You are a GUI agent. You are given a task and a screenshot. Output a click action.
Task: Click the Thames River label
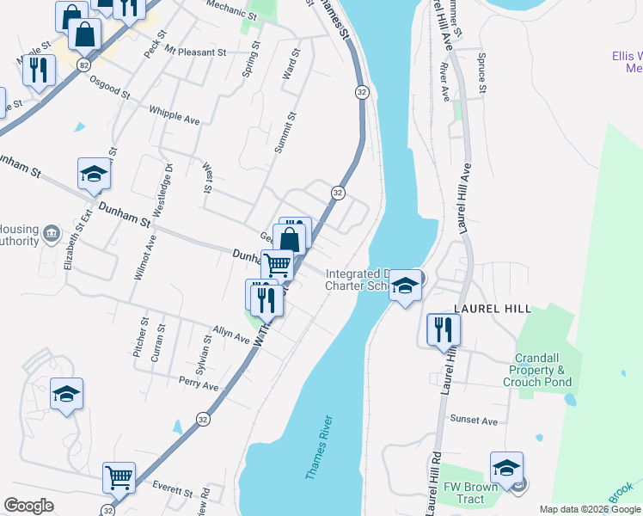point(319,449)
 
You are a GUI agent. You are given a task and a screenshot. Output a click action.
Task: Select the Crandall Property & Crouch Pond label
point(543,370)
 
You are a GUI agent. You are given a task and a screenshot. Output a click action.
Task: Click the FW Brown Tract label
point(470,493)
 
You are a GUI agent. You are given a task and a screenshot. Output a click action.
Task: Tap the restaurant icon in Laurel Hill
point(444,329)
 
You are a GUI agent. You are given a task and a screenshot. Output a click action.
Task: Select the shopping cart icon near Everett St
point(119,476)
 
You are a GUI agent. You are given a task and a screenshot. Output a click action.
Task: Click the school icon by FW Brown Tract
point(506,468)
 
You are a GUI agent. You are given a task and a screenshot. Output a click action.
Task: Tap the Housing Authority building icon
point(51,233)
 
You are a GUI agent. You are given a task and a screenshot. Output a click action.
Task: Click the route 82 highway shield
point(83,64)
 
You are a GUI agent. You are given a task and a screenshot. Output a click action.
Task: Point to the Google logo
point(28,506)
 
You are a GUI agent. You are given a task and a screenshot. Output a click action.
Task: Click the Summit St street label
point(285,132)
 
